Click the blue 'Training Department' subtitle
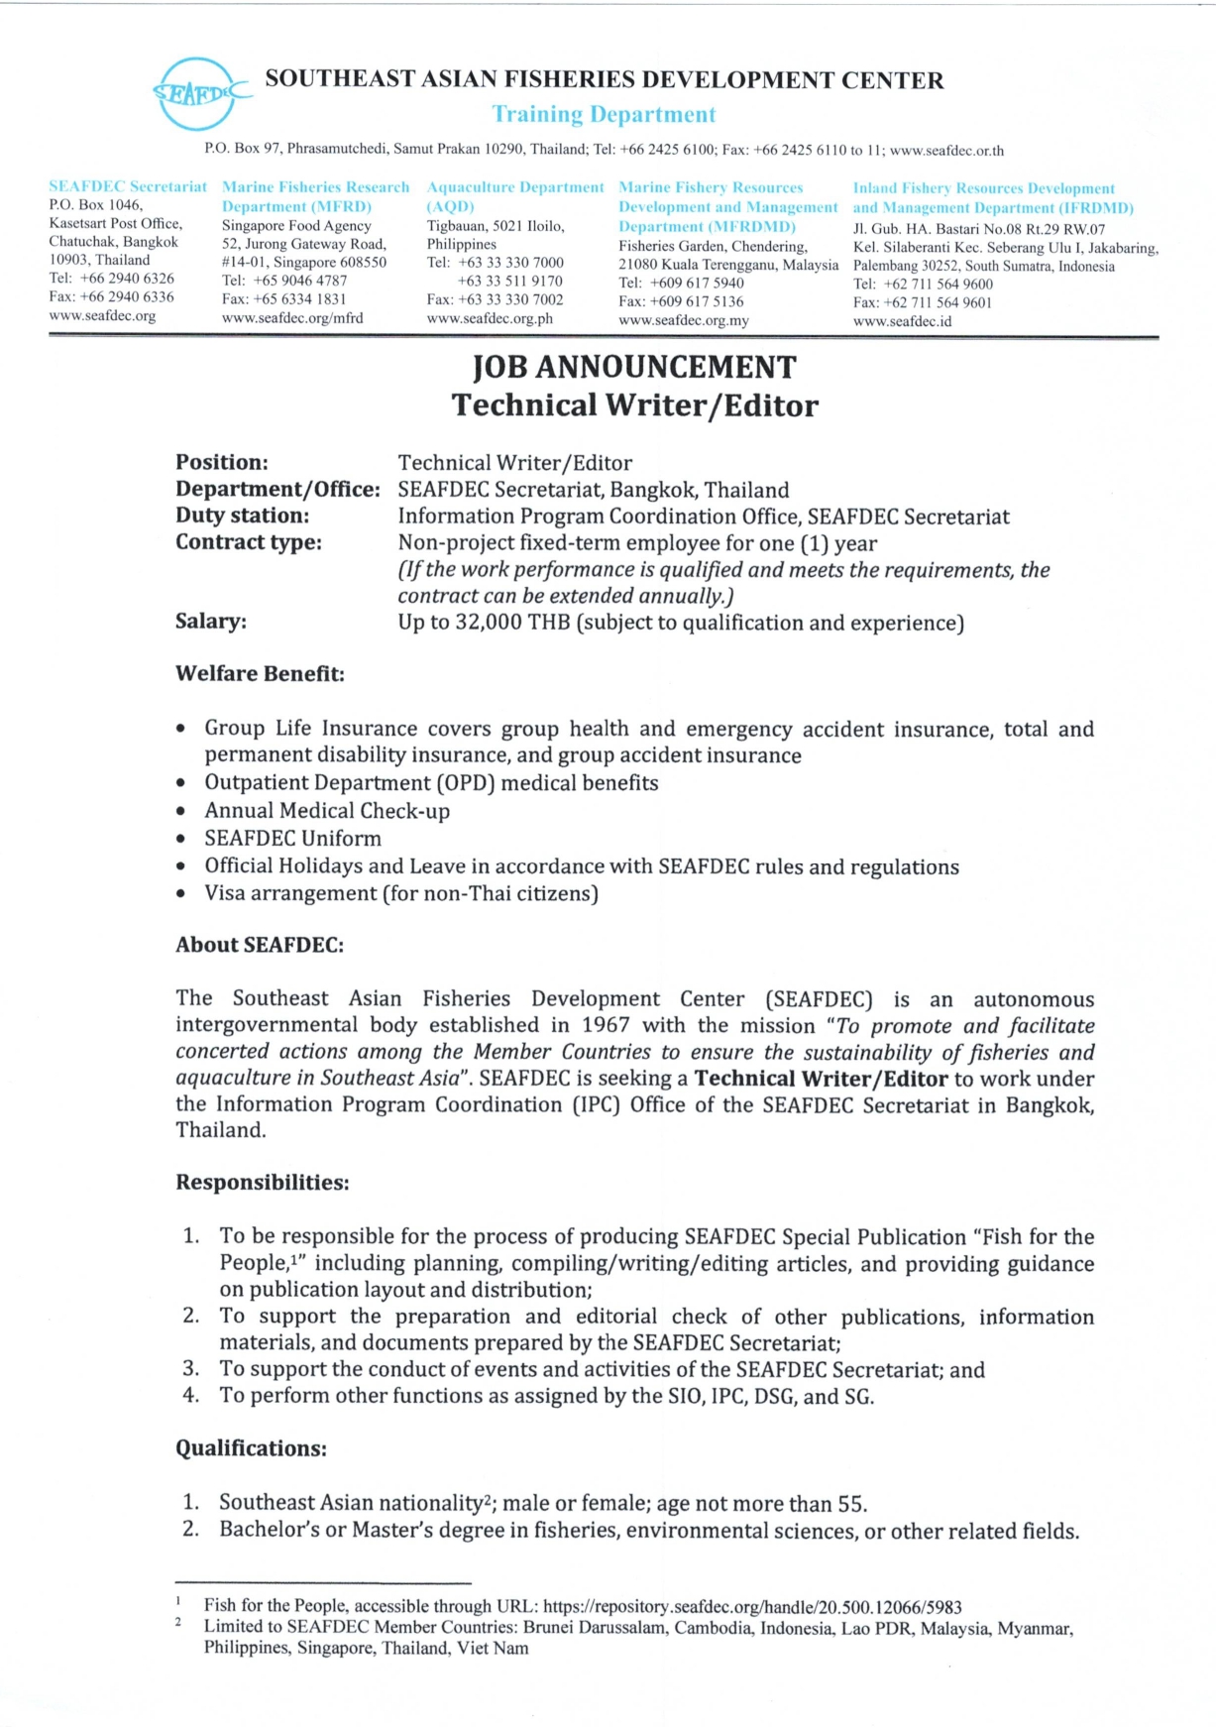[604, 115]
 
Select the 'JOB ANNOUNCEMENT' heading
[634, 368]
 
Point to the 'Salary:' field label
[211, 622]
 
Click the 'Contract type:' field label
[249, 542]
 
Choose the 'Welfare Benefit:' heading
[260, 674]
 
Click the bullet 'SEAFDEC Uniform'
[292, 838]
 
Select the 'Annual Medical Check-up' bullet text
[327, 811]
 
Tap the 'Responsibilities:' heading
[263, 1183]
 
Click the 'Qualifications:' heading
[251, 1448]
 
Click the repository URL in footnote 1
[752, 1606]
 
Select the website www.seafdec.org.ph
[490, 319]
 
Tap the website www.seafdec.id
[902, 321]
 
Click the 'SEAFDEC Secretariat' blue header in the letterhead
[128, 186]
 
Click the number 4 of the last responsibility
[190, 1396]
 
